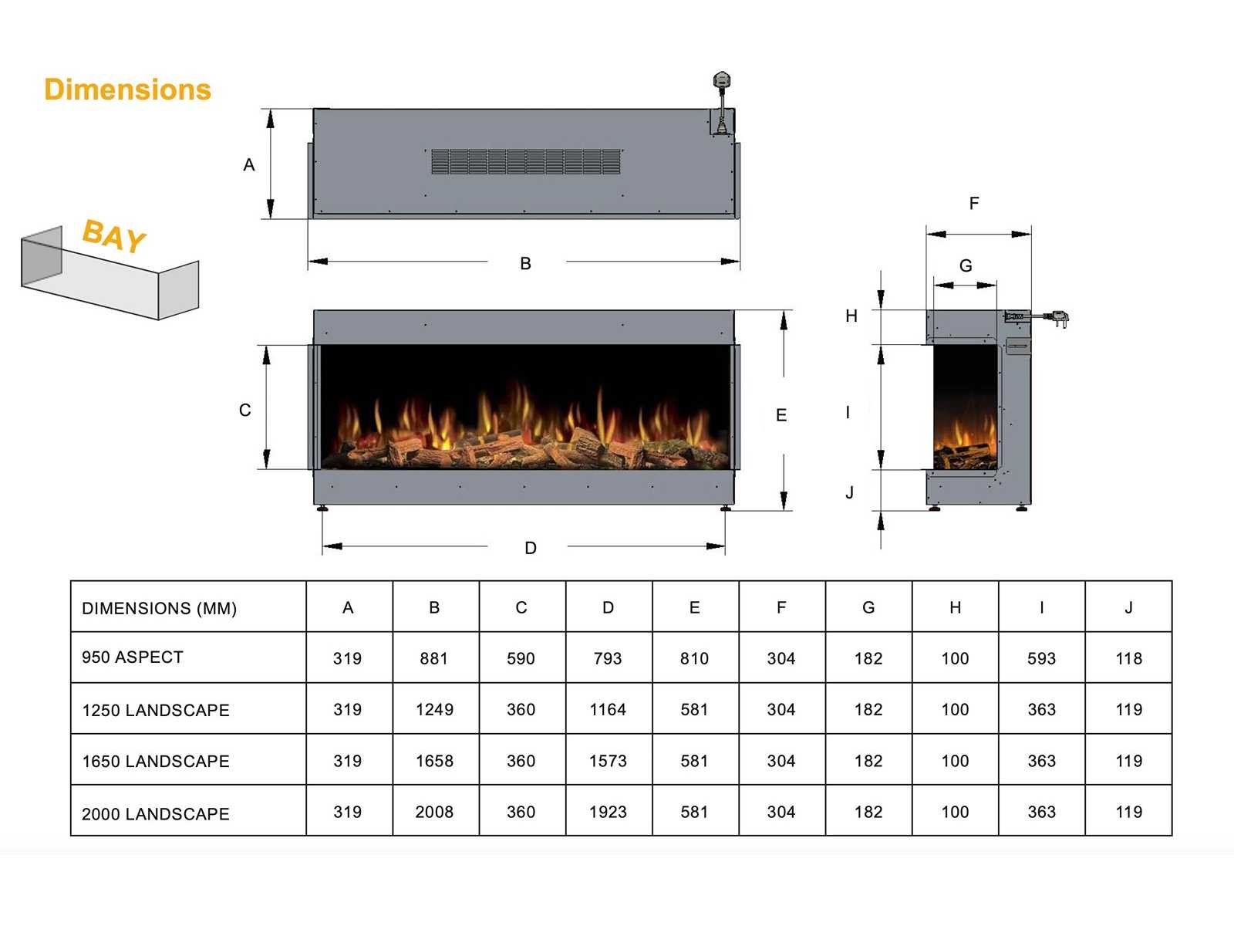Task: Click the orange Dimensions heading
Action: pos(127,90)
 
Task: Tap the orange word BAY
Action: pos(114,235)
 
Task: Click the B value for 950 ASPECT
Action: pos(433,658)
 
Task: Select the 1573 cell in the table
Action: pos(608,761)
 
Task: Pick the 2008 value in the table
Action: pos(434,812)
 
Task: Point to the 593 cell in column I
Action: pos(1041,658)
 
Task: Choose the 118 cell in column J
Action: pos(1128,658)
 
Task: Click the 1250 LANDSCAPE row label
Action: pos(156,710)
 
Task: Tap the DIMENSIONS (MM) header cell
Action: pos(159,608)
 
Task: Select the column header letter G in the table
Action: pos(868,608)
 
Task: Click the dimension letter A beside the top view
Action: pos(248,164)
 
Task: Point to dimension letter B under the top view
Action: pos(525,263)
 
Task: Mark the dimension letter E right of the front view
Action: pos(781,415)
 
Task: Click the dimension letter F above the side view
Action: pos(974,203)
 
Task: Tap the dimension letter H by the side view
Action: pos(851,316)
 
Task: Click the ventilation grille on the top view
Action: pos(526,161)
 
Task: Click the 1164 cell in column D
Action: pos(608,709)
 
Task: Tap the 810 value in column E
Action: pos(694,658)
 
